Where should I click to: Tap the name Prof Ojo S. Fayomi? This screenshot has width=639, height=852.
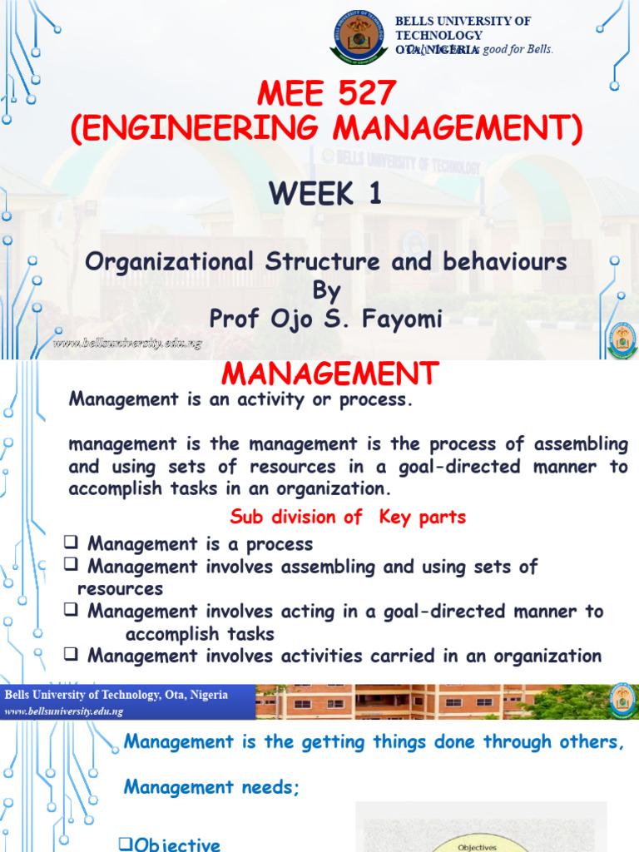click(325, 317)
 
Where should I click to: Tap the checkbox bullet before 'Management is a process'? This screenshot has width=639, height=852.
click(72, 544)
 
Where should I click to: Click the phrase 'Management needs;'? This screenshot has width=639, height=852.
click(211, 787)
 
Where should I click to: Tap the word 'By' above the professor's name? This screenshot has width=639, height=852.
click(325, 290)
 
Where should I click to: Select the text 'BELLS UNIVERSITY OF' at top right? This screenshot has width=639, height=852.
click(463, 21)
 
